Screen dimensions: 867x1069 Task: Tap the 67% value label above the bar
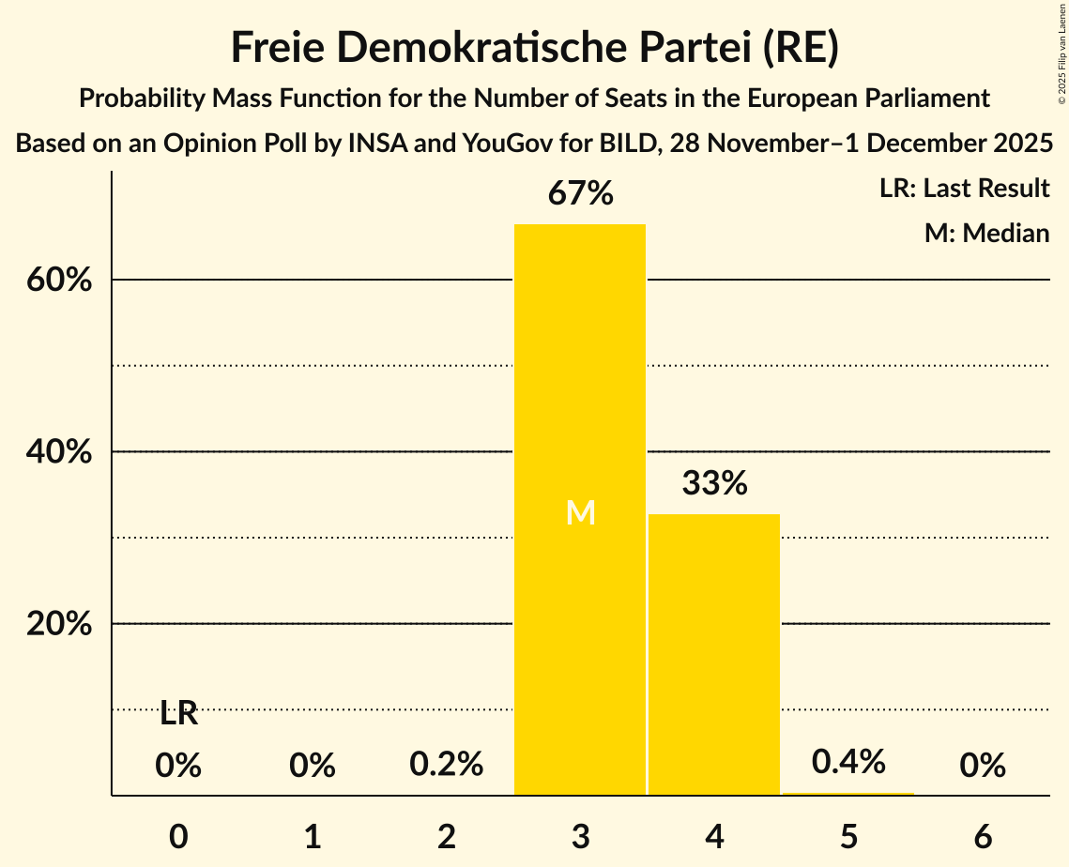[x=581, y=194]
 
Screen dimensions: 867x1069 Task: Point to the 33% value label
[x=714, y=483]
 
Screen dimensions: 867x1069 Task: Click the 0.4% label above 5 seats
[x=848, y=762]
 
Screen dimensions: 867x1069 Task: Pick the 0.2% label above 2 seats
[x=447, y=765]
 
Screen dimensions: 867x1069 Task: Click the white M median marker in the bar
[x=581, y=512]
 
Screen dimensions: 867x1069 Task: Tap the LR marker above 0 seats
[x=178, y=713]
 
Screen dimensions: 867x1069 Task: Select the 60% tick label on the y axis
[x=59, y=280]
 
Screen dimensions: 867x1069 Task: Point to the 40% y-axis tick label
[x=59, y=452]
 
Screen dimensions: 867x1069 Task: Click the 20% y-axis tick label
[x=59, y=624]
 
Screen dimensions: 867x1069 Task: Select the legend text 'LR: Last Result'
[x=964, y=189]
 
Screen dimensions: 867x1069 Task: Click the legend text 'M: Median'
[x=986, y=233]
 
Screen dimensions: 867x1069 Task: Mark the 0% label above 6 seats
[x=983, y=766]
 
